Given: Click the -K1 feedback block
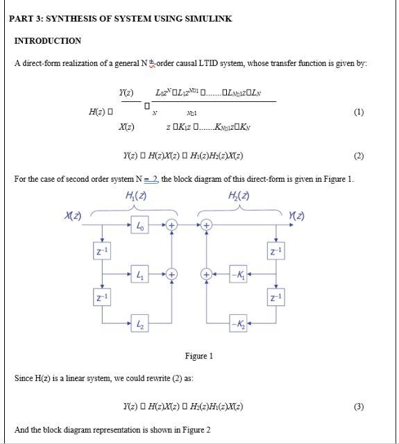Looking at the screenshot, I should (238, 275).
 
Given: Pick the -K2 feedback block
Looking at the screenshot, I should (238, 323).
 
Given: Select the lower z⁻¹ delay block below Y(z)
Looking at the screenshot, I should (275, 298).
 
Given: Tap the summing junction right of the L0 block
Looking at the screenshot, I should (171, 225).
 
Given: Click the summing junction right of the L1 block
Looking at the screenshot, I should (171, 275).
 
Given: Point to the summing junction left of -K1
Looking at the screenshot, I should (207, 275).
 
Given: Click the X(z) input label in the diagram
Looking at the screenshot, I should (72, 217).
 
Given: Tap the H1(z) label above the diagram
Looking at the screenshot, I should (136, 196).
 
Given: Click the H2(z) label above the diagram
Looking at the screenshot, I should (239, 196).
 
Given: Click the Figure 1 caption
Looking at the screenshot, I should (198, 356).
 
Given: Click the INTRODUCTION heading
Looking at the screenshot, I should (48, 41).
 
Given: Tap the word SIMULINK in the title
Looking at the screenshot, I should (207, 19).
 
